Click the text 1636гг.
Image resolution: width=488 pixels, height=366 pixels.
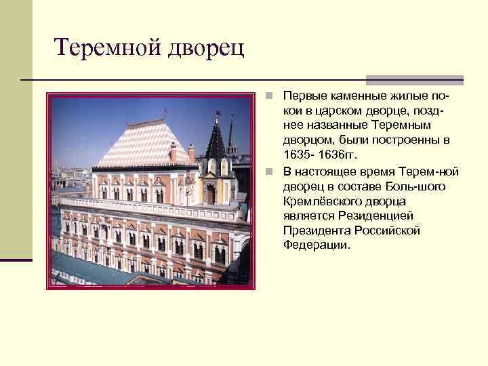pos(344,155)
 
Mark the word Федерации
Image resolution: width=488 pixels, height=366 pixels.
pos(317,245)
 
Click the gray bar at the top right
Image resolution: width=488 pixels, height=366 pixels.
pos(415,80)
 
